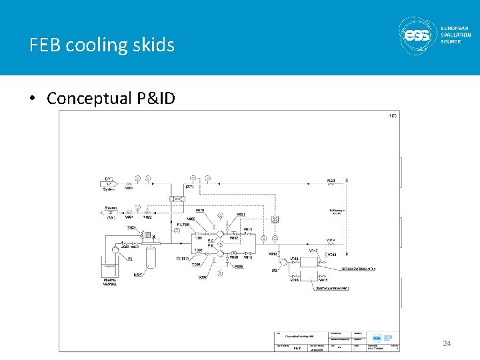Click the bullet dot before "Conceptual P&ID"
[x=33, y=99]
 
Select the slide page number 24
[x=447, y=343]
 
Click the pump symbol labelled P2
[x=115, y=249]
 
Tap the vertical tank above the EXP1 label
[x=151, y=256]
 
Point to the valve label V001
[x=129, y=217]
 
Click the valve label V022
[x=147, y=217]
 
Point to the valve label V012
[x=273, y=254]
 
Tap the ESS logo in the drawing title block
[x=377, y=338]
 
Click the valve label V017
[x=313, y=251]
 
